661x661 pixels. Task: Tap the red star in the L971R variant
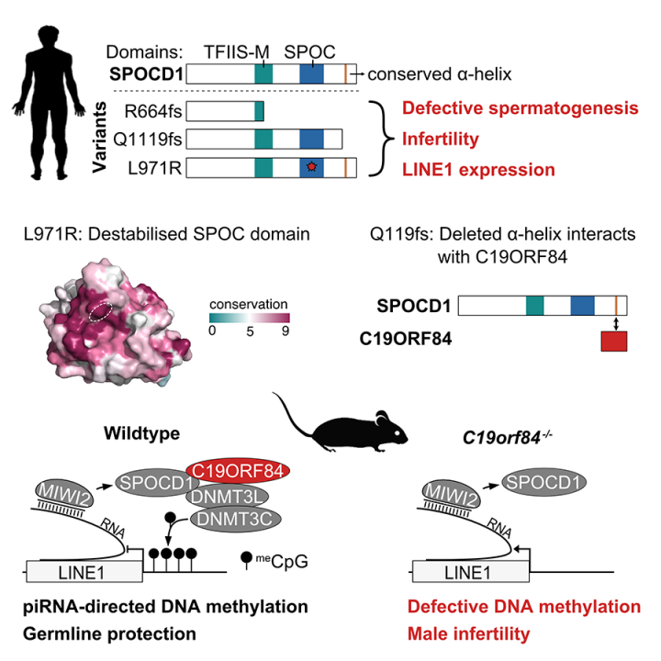coord(313,168)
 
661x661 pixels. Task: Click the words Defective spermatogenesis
coord(521,108)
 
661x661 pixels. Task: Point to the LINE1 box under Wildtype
coord(84,572)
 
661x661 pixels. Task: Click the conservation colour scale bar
coord(248,318)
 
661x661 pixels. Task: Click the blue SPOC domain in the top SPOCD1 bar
coord(312,74)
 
